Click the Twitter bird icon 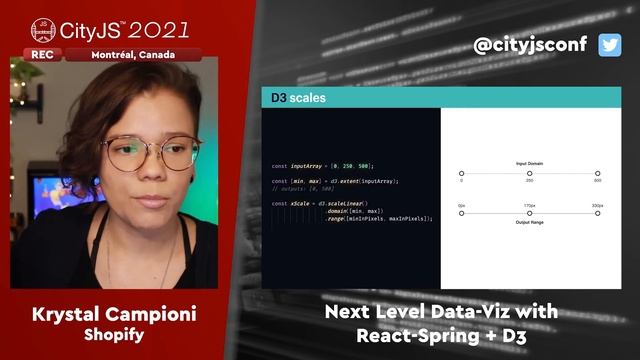610,45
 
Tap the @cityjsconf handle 532,45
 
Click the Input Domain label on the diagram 529,162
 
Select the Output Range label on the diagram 529,221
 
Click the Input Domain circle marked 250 529,173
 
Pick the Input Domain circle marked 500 597,173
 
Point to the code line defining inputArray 323,165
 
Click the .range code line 378,218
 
